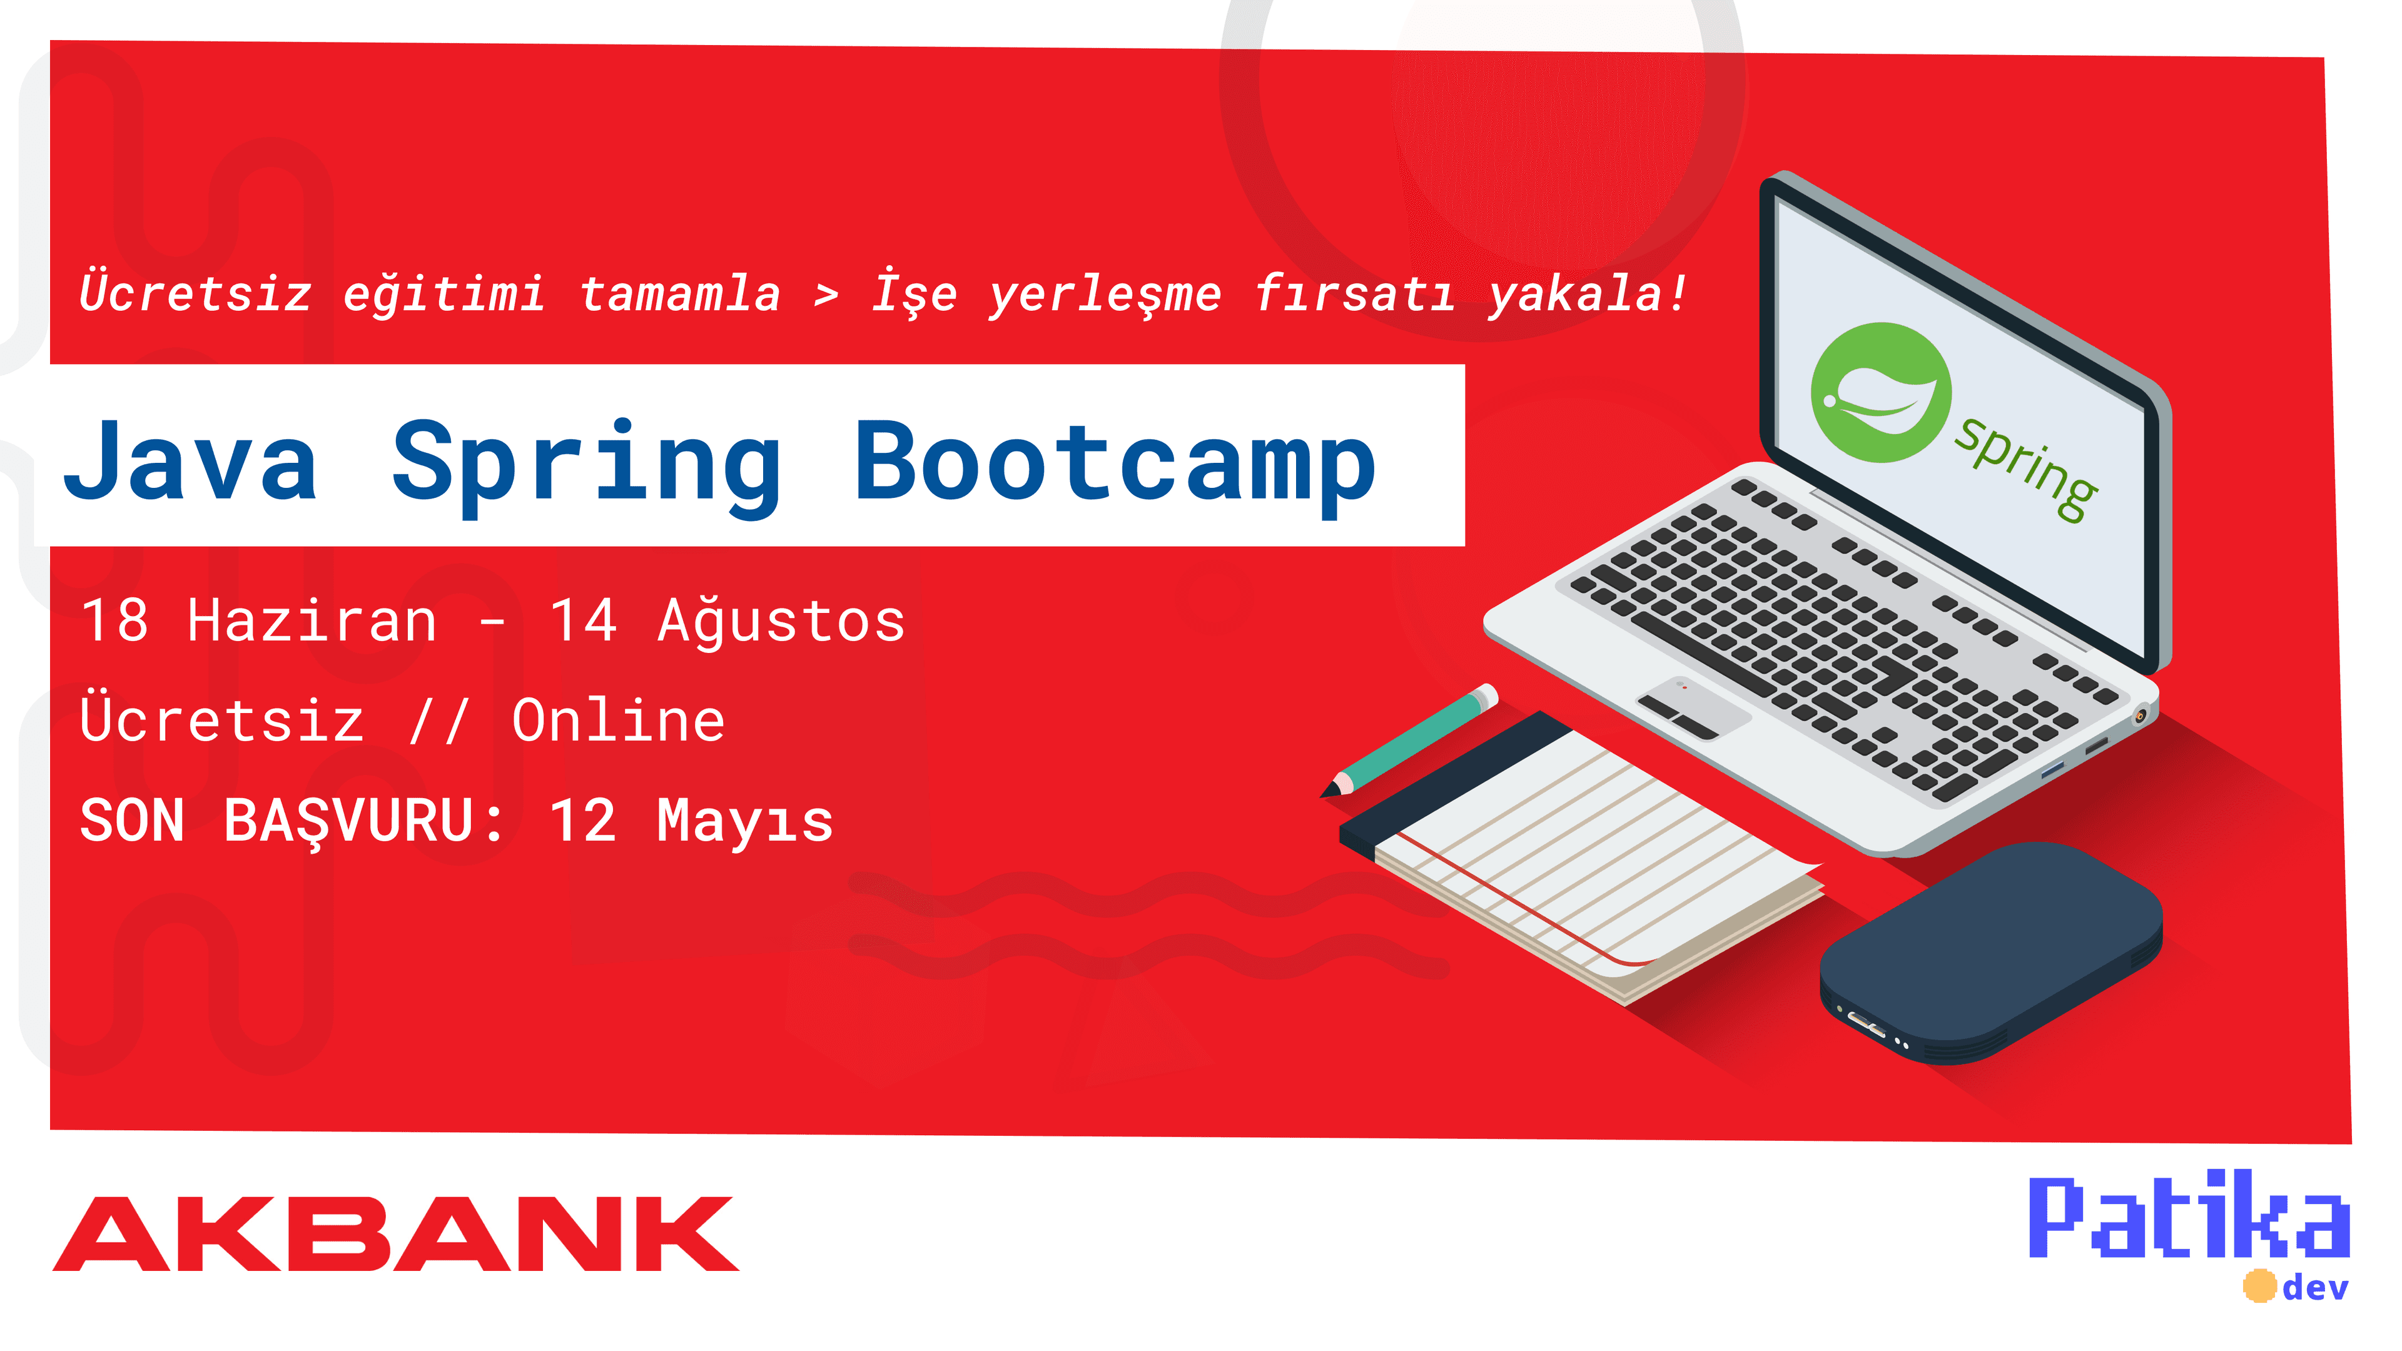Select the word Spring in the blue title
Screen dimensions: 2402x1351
pyautogui.click(x=587, y=466)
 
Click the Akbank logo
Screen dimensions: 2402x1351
pyautogui.click(x=395, y=1233)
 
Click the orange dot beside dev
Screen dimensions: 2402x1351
pyautogui.click(x=2259, y=1286)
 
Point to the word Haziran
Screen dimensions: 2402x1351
pyautogui.click(x=312, y=621)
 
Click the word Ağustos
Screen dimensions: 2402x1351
pyautogui.click(x=781, y=621)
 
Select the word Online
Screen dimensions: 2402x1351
pyautogui.click(x=618, y=721)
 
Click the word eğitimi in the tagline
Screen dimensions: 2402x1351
pyautogui.click(x=444, y=295)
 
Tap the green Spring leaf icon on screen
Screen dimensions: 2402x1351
pyautogui.click(x=1881, y=393)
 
